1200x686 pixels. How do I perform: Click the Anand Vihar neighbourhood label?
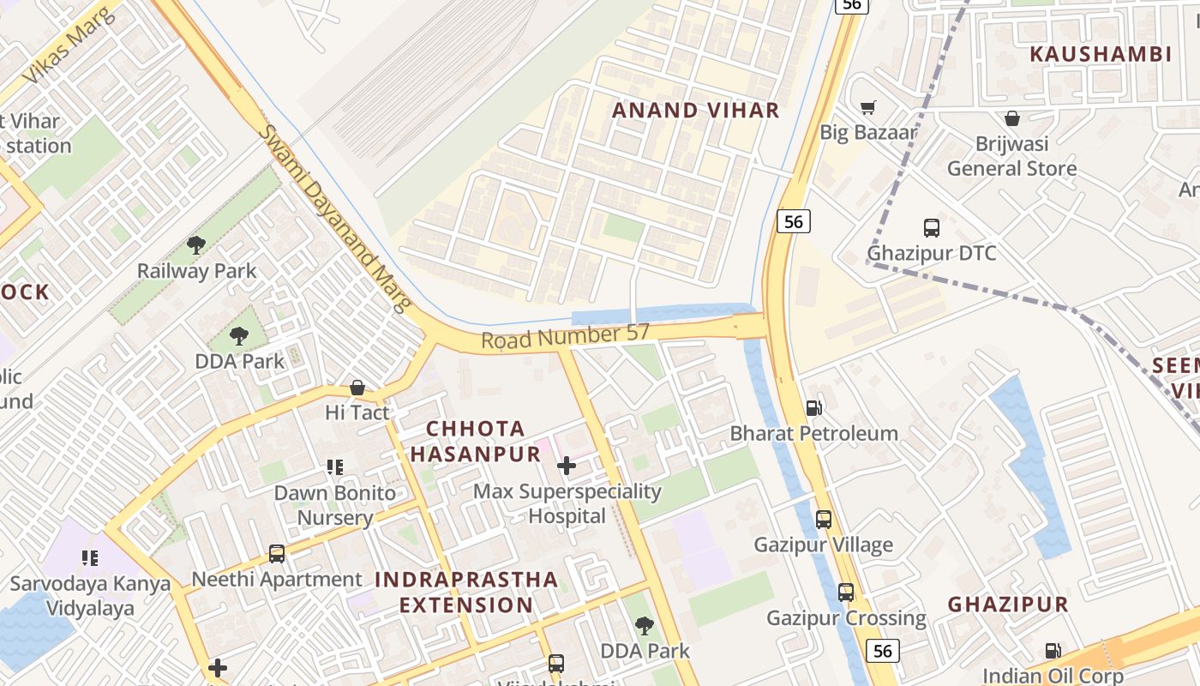pos(695,110)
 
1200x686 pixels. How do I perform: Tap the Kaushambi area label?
pos(1100,54)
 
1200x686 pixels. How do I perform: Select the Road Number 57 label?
pos(565,337)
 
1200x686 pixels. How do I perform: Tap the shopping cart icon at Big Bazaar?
pos(867,107)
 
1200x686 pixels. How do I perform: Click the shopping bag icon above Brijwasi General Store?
pos(1011,118)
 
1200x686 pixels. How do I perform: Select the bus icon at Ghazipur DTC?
pos(931,228)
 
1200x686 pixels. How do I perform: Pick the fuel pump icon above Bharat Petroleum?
pos(813,408)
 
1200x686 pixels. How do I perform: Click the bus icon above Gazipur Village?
pos(823,519)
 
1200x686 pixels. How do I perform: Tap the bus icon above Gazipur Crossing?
pos(845,593)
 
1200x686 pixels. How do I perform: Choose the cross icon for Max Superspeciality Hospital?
pos(566,466)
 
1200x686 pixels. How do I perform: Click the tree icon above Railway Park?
pos(196,245)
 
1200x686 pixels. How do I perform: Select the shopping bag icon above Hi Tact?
pos(357,388)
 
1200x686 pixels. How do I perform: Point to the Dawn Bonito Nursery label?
pos(334,506)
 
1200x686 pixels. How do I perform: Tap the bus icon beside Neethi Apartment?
pos(276,554)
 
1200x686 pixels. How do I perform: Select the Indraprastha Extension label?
pos(466,592)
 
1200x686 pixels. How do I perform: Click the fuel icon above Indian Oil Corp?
pos(1052,651)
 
